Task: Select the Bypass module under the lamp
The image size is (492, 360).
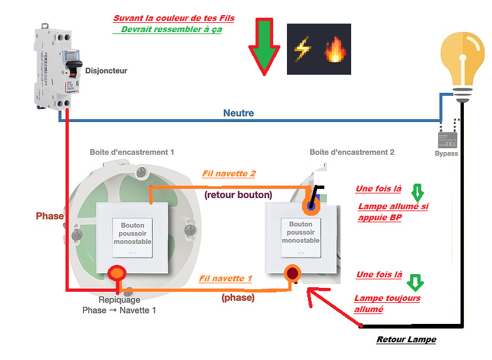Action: pyautogui.click(x=447, y=138)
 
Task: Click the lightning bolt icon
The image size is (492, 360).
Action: pyautogui.click(x=303, y=50)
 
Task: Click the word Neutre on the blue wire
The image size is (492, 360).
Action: pyautogui.click(x=238, y=113)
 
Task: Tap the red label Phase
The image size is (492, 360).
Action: pyautogui.click(x=50, y=216)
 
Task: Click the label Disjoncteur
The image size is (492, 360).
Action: pyautogui.click(x=106, y=71)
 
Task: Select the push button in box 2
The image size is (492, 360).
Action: pyautogui.click(x=301, y=237)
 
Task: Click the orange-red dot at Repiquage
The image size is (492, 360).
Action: pyautogui.click(x=117, y=272)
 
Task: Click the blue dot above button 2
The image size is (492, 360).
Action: pyautogui.click(x=309, y=206)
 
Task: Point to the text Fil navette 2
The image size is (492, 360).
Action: pyautogui.click(x=229, y=174)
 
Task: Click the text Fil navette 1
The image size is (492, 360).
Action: pyautogui.click(x=225, y=279)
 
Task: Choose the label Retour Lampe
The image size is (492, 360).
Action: pyautogui.click(x=406, y=339)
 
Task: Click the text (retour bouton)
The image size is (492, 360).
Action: pyautogui.click(x=238, y=195)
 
